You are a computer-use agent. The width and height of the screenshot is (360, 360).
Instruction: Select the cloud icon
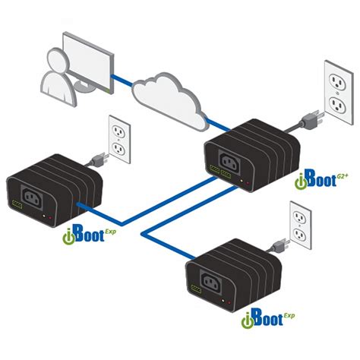(169, 97)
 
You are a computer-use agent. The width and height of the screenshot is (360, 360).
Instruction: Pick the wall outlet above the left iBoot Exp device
(116, 139)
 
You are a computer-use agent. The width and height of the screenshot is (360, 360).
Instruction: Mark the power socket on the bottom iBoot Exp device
(220, 285)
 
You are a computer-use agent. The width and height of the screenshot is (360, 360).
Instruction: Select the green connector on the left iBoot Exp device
(17, 204)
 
